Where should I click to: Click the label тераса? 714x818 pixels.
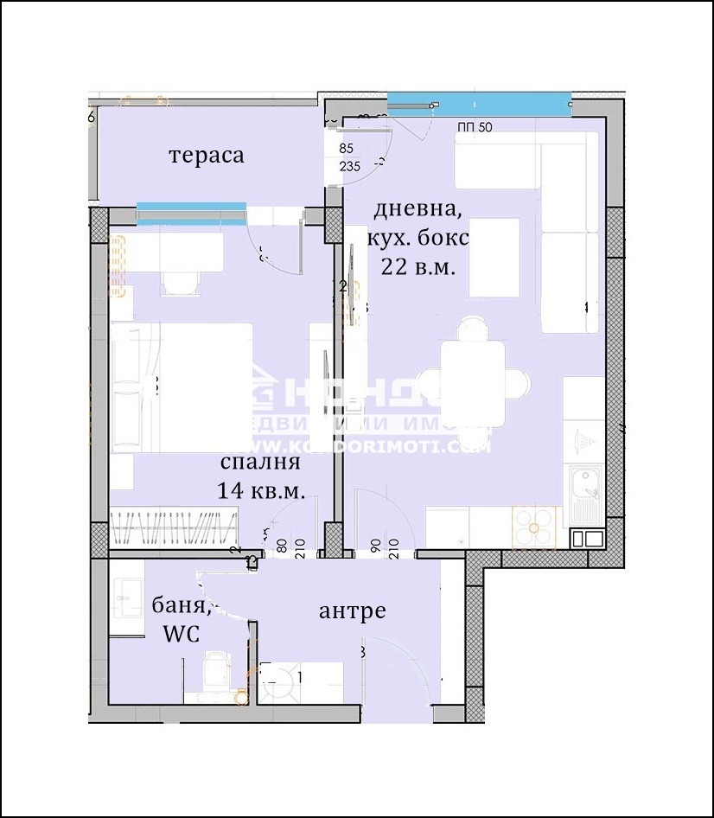coord(206,156)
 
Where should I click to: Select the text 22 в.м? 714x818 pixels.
coord(418,267)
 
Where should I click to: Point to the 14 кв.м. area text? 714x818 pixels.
coord(260,491)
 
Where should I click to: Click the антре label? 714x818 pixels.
coord(352,611)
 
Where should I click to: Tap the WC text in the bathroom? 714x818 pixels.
coord(181,634)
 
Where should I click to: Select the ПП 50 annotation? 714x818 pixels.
coord(475,128)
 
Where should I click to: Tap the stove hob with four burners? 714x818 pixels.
coord(537,525)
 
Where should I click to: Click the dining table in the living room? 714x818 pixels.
coord(472,381)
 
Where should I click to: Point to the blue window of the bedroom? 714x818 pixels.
coord(191,208)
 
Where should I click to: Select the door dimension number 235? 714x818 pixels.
coord(350,168)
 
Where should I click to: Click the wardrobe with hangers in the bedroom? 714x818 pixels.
coord(174,526)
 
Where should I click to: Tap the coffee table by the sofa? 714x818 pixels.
coord(494,257)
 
